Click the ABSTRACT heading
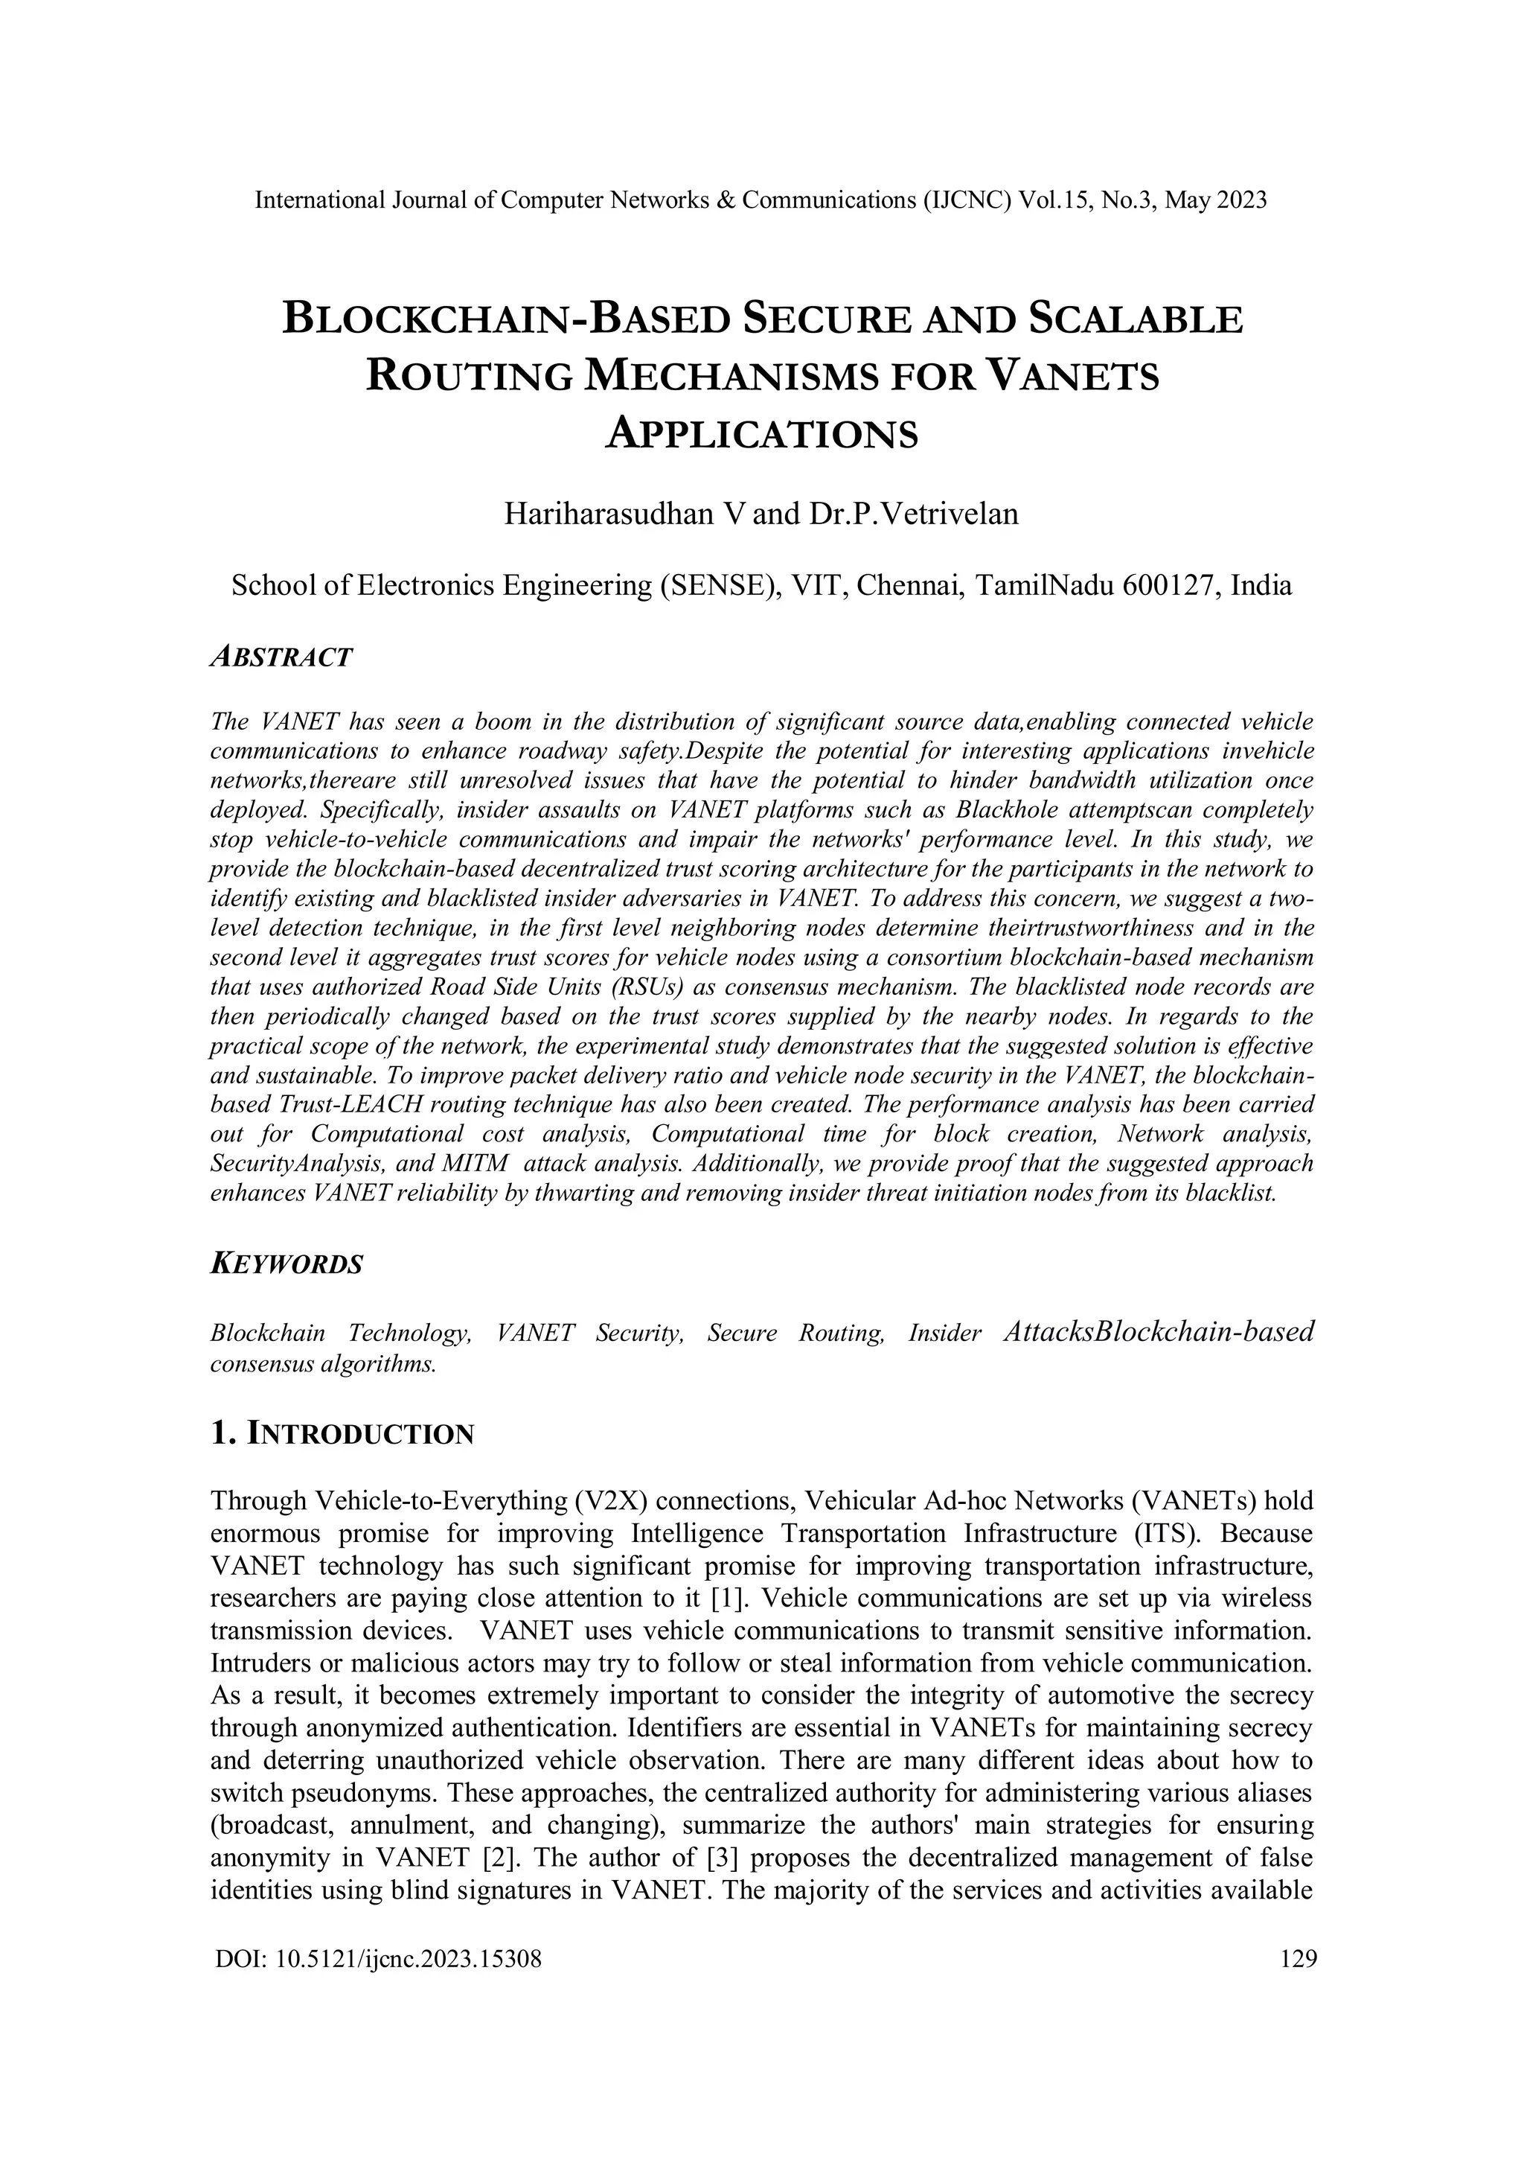point(282,657)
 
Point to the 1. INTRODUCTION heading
point(343,1435)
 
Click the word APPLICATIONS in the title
point(761,434)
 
